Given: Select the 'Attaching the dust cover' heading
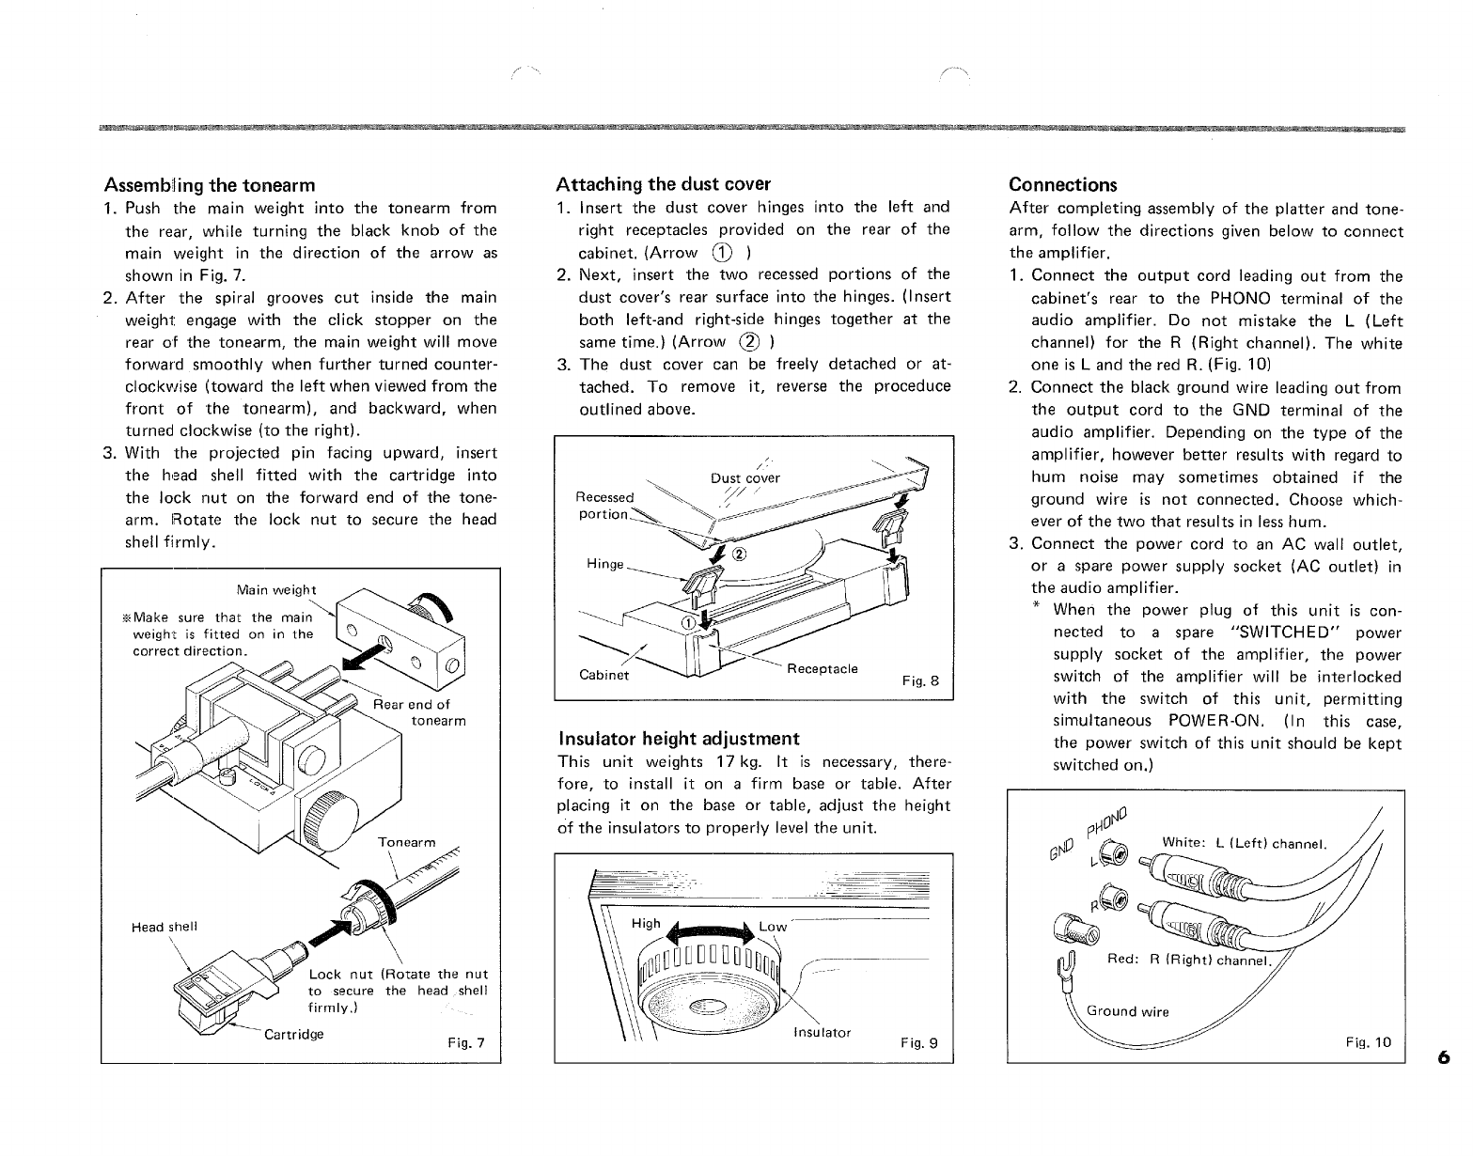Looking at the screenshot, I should (664, 183).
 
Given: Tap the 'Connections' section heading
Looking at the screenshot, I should (1063, 184).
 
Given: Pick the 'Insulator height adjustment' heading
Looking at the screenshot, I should (679, 738).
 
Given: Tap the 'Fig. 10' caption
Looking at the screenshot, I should (1368, 1041).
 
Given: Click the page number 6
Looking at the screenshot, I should (1443, 1058).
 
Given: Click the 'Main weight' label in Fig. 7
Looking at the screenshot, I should (277, 590).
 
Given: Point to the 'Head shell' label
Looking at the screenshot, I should (165, 927).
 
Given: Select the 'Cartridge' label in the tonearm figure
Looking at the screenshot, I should (294, 1034).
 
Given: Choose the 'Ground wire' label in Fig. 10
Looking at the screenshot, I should (1127, 1011).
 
